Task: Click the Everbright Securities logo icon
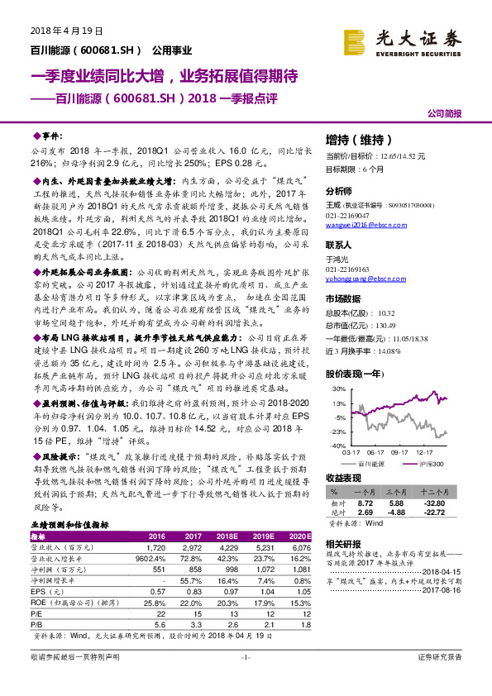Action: pyautogui.click(x=356, y=40)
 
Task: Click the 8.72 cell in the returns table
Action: pyautogui.click(x=365, y=502)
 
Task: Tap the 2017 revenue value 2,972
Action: pyautogui.click(x=168, y=547)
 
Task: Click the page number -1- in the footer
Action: pyautogui.click(x=246, y=679)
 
